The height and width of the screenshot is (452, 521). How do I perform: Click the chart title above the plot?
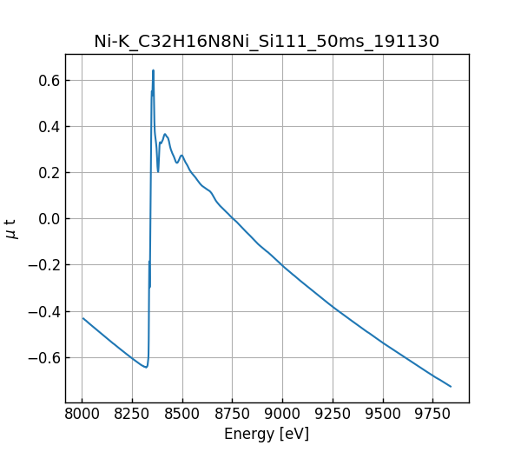267,41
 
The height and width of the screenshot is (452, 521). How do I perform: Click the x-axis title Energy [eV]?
267,434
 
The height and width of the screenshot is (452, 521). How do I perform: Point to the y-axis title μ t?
11,228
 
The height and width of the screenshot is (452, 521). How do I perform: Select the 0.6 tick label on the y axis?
48,81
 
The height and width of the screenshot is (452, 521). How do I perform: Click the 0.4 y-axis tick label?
48,127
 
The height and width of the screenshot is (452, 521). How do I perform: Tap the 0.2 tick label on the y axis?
48,173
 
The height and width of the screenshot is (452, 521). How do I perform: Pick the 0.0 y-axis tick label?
48,219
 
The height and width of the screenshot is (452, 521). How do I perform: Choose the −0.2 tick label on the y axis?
43,265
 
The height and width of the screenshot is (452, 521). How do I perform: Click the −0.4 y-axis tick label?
43,311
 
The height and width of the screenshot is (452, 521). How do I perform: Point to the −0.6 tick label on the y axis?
43,357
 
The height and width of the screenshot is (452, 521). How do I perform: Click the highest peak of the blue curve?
153,70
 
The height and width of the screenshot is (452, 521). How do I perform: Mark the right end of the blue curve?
451,386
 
